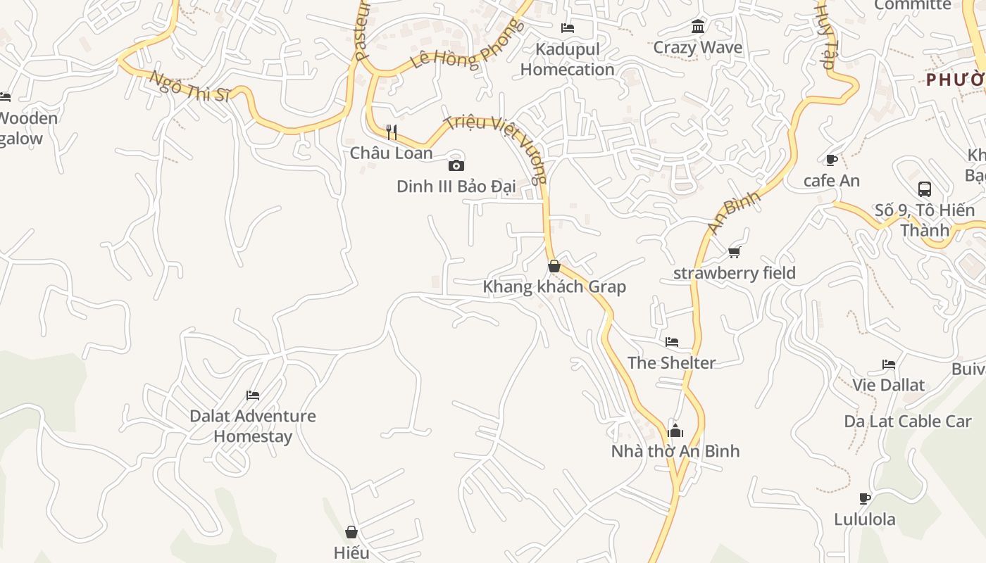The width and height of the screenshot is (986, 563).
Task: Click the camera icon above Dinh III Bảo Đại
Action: tap(456, 166)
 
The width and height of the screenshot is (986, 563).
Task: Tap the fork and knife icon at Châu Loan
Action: tap(392, 132)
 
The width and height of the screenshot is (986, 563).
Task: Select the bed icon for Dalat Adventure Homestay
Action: tap(253, 396)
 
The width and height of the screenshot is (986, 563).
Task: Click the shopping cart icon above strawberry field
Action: tap(735, 252)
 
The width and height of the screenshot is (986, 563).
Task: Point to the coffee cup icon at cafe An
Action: tap(831, 160)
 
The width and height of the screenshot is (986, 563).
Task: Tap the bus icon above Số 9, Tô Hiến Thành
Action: tap(925, 189)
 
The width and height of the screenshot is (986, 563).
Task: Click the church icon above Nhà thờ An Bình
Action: tap(675, 431)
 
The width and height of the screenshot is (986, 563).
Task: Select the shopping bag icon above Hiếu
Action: tap(351, 532)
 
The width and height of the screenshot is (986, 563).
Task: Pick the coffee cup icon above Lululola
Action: tap(865, 498)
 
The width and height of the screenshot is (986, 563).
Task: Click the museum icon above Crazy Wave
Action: tap(698, 27)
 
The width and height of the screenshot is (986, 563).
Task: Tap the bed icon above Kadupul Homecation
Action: tap(568, 28)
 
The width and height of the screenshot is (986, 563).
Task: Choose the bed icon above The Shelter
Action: tap(672, 342)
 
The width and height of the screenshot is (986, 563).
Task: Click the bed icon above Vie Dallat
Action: tap(889, 365)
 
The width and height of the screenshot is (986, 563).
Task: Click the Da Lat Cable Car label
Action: tap(908, 422)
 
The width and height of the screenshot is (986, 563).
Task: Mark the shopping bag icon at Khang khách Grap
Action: tap(554, 266)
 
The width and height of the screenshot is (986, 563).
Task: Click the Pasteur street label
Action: tap(362, 32)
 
